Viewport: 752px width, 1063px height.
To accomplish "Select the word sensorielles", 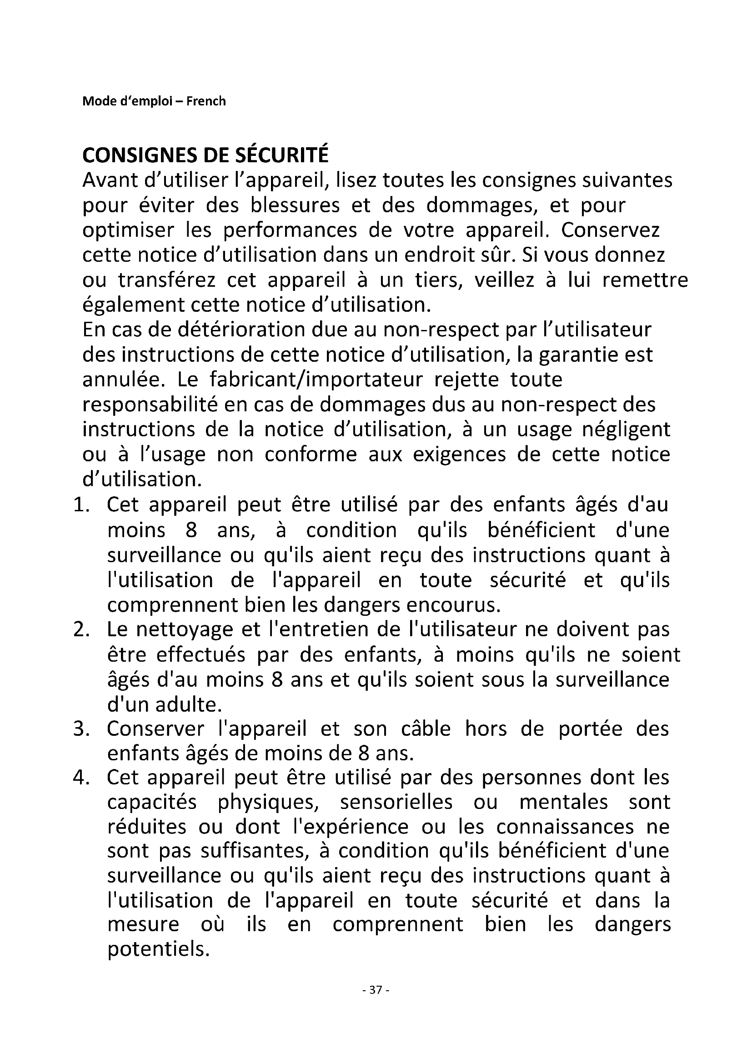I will click(x=396, y=803).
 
